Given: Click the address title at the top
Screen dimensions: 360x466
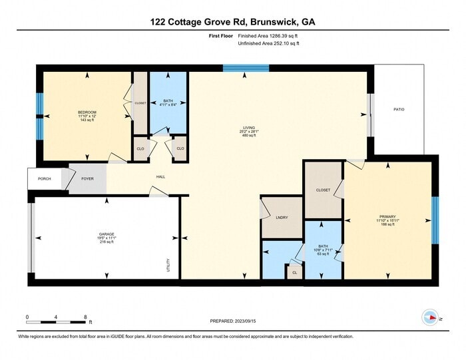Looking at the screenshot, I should click(233, 22).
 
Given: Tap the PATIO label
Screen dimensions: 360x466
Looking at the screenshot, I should click(399, 109).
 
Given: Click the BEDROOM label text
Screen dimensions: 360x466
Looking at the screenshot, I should click(87, 112).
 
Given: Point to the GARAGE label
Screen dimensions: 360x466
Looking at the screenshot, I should click(107, 234).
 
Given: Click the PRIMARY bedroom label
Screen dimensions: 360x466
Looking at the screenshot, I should click(387, 217).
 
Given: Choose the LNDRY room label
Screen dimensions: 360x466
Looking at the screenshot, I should click(282, 218).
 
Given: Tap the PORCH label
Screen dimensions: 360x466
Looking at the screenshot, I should click(44, 178).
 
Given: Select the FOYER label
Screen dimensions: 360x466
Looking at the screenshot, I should click(87, 178).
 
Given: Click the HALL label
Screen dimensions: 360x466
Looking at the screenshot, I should click(160, 177).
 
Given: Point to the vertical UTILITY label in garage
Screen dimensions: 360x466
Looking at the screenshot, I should click(168, 265).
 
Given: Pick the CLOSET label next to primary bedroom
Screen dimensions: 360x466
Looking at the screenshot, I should click(323, 190).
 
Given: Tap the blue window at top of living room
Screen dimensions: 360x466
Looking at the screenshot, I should click(246, 68).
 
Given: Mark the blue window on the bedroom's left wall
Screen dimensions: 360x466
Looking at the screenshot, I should click(40, 105).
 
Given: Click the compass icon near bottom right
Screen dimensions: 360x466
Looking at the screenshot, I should click(430, 318).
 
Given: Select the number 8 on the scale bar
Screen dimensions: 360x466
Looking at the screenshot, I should click(86, 316).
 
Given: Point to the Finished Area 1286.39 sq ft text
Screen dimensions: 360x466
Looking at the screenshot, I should click(268, 35).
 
